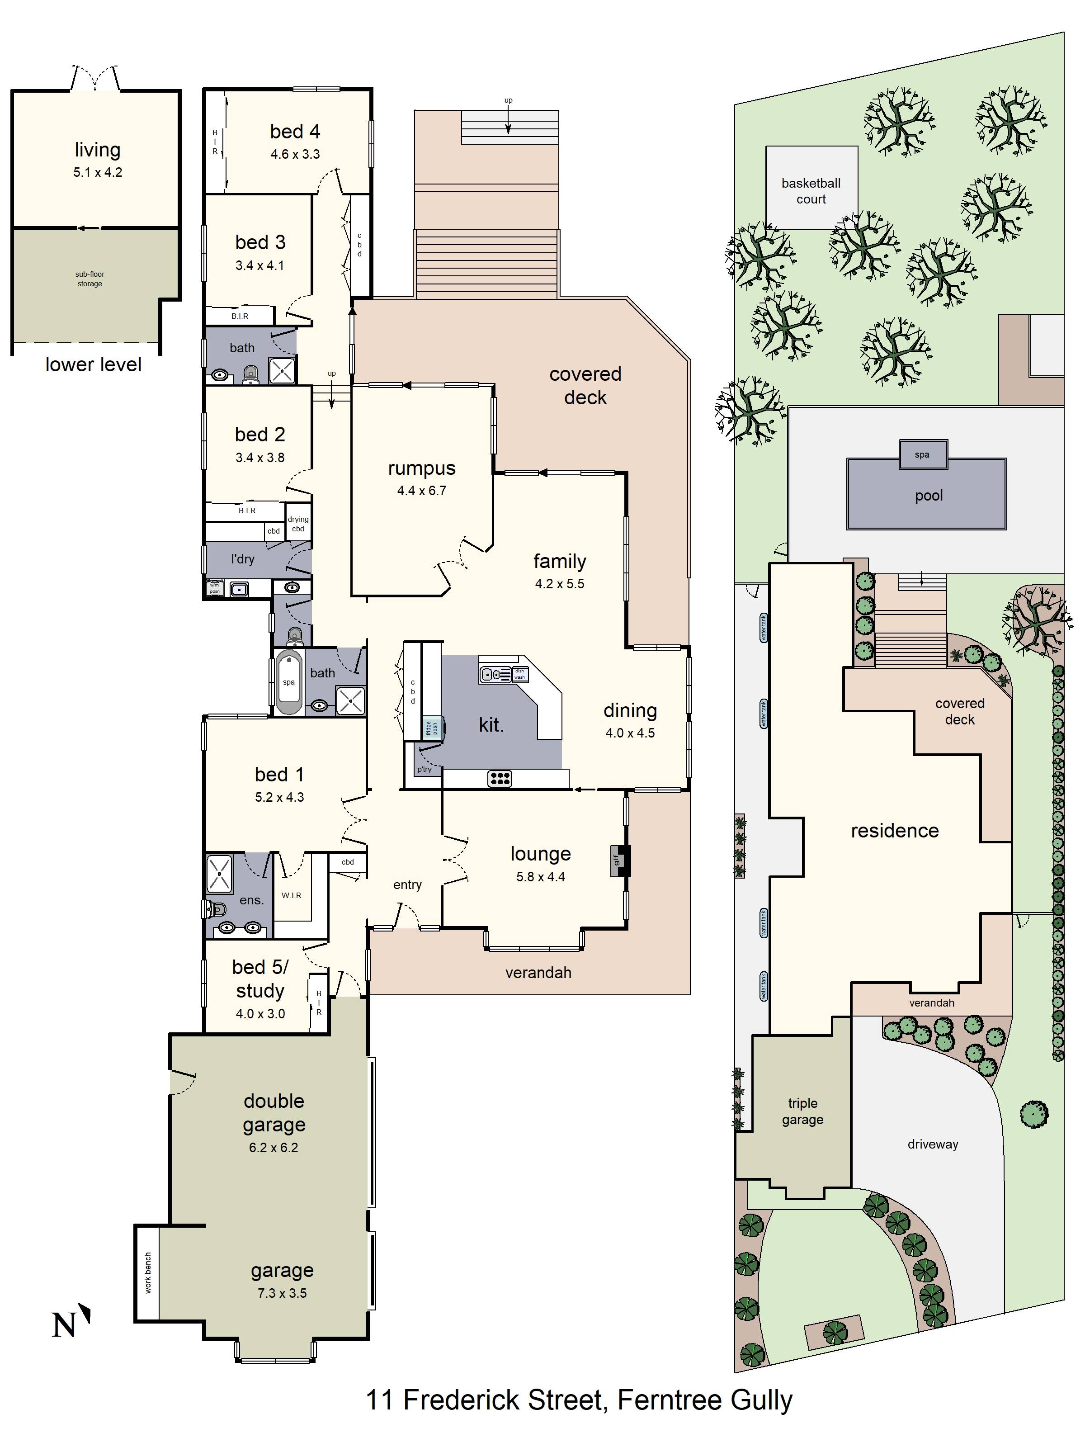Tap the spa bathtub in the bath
(x=288, y=682)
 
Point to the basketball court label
(x=811, y=191)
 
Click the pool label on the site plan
(x=929, y=495)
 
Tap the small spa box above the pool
(x=922, y=454)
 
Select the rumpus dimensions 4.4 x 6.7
(x=421, y=491)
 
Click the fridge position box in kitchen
(x=432, y=728)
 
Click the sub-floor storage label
(x=90, y=279)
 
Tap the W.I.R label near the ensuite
(x=292, y=895)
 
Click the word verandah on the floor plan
(x=538, y=973)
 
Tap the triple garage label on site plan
(x=802, y=1111)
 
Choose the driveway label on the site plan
(x=933, y=1144)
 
